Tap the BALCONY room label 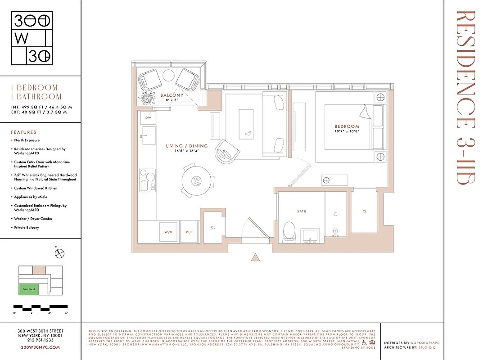[172, 95]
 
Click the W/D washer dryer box [168, 232]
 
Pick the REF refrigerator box [190, 232]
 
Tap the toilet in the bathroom [289, 230]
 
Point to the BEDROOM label [347, 126]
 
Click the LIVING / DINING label [186, 146]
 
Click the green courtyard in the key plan [28, 290]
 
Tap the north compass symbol [60, 254]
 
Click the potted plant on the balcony [147, 98]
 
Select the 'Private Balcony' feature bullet [27, 228]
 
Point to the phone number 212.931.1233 [41, 341]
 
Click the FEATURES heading [23, 132]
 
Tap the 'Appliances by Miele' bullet [31, 197]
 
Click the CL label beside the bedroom [365, 211]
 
